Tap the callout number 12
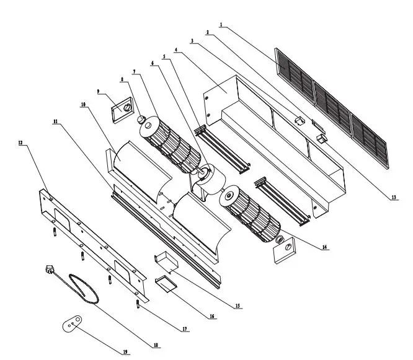20,143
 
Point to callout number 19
125,352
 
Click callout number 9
98,92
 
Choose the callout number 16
212,316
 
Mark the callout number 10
83,105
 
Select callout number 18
156,345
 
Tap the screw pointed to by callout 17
137,304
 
